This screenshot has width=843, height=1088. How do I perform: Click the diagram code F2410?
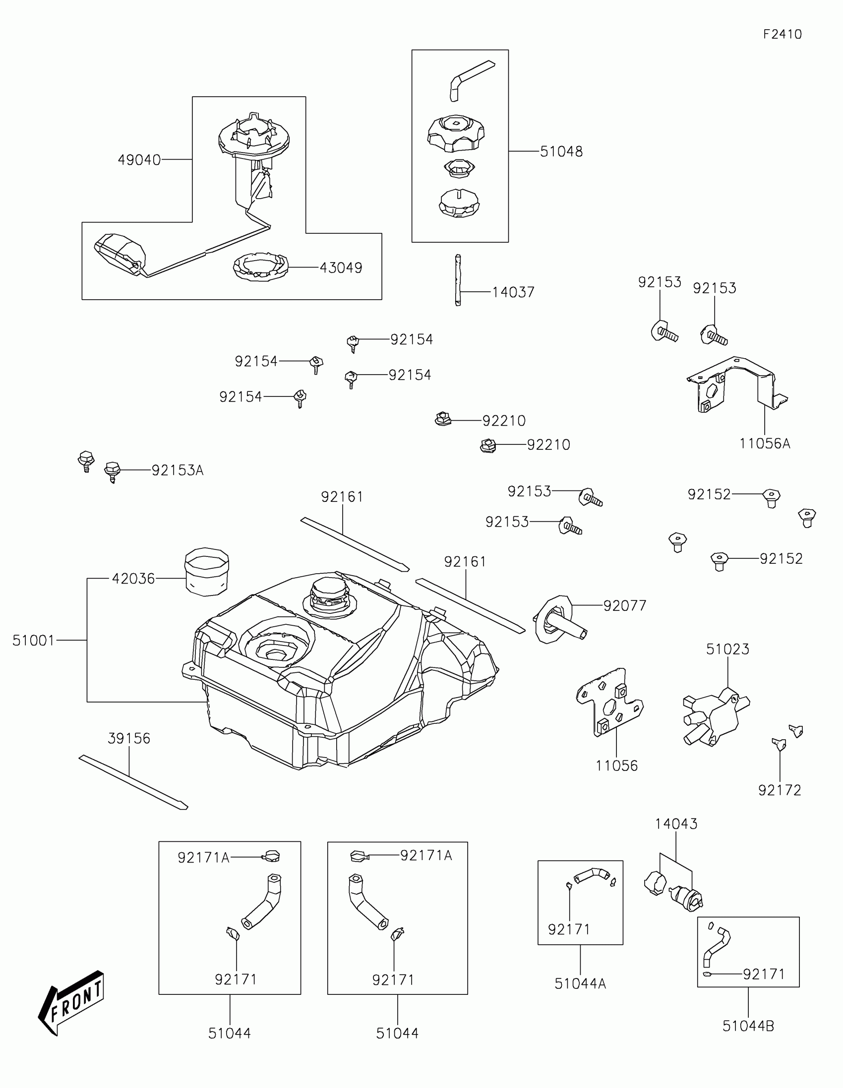coord(782,34)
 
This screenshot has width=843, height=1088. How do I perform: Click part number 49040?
coord(139,160)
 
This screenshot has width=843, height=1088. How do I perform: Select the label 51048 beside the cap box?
coord(561,152)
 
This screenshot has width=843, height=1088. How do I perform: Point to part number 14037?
coord(513,292)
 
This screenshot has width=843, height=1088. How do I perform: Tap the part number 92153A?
coord(178,470)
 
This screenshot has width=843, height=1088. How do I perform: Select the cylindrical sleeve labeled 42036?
coord(207,571)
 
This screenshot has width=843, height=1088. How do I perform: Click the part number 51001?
coord(33,640)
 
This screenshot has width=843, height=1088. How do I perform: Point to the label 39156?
coord(129,738)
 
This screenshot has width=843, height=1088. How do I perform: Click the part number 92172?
coord(780,790)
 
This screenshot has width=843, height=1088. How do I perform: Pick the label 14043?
coord(676,823)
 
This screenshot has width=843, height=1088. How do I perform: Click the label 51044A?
coord(580,983)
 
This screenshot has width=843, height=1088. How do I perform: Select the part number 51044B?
coord(748,1026)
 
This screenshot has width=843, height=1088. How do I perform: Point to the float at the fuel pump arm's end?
coord(120,254)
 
